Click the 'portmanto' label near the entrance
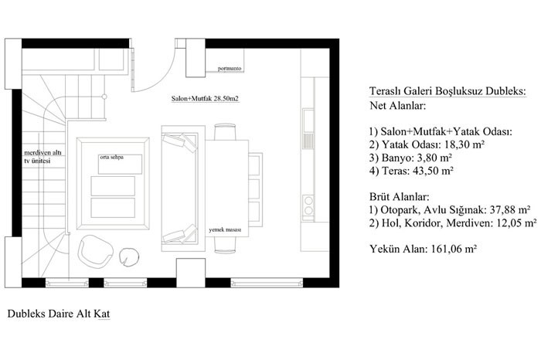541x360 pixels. click(230, 69)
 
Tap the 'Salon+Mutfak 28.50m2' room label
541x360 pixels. click(205, 99)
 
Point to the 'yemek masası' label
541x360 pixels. click(225, 229)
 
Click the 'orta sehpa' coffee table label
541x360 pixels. click(112, 158)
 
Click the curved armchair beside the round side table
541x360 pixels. click(95, 251)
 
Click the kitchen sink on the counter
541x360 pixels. click(308, 129)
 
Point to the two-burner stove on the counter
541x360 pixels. click(308, 205)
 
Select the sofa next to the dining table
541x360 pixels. click(183, 188)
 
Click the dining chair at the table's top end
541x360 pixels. click(226, 132)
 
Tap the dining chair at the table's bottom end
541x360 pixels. click(226, 245)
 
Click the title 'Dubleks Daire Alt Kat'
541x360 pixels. click(59, 314)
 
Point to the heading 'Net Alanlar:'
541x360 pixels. click(398, 105)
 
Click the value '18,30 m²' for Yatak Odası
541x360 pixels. click(464, 144)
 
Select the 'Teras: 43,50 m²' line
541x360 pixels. click(411, 171)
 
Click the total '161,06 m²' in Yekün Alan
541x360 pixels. click(454, 249)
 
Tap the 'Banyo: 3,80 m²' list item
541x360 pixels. click(410, 158)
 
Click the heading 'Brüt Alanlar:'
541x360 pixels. click(400, 197)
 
